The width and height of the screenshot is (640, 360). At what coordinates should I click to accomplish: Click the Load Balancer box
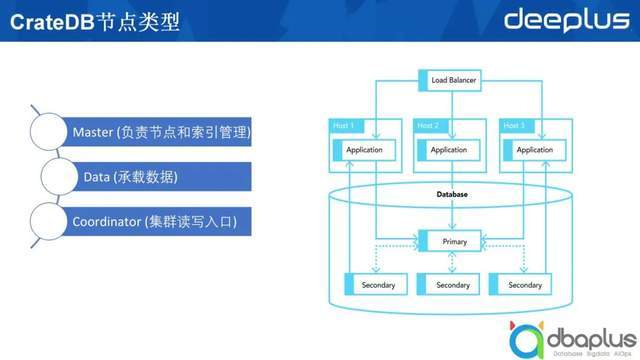pos(453,80)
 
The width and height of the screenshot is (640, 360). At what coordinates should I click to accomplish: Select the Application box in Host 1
pos(363,150)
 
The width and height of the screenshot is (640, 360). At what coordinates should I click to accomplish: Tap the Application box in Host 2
pos(448,150)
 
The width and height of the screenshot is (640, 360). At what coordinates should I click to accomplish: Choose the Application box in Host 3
pos(534,150)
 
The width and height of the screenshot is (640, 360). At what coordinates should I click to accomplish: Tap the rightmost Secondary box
pos(524,285)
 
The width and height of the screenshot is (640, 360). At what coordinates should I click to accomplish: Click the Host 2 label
pos(427,126)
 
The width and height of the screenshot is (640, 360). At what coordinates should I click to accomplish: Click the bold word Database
pos(452,194)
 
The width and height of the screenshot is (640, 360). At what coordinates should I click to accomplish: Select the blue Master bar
pos(160,132)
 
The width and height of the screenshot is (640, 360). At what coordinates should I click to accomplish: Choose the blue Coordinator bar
pos(160,220)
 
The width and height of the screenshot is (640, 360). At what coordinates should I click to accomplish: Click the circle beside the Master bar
pos(50,132)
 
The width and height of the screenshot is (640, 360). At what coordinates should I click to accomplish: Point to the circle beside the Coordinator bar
pos(50,220)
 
